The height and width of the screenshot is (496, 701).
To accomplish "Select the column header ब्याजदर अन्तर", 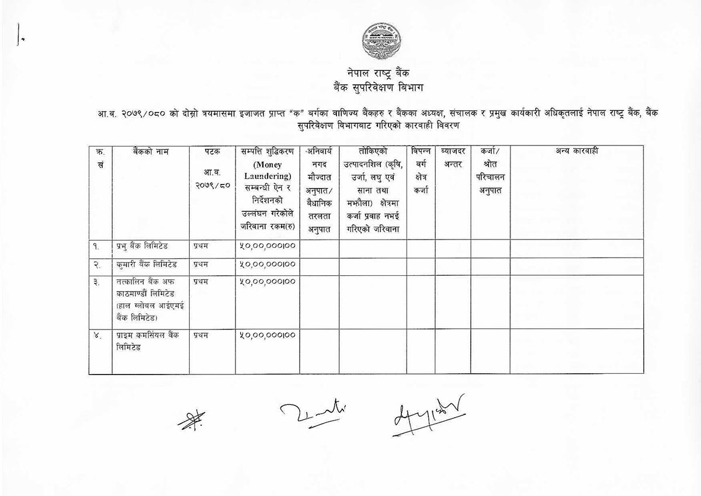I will (452, 157).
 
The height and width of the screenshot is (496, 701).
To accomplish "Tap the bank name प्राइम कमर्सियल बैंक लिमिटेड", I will (147, 341).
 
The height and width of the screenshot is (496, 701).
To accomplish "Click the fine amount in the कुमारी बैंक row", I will (267, 264).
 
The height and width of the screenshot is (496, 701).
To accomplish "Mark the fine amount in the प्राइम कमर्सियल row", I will (267, 335).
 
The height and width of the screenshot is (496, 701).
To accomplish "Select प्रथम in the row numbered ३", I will (201, 282).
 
